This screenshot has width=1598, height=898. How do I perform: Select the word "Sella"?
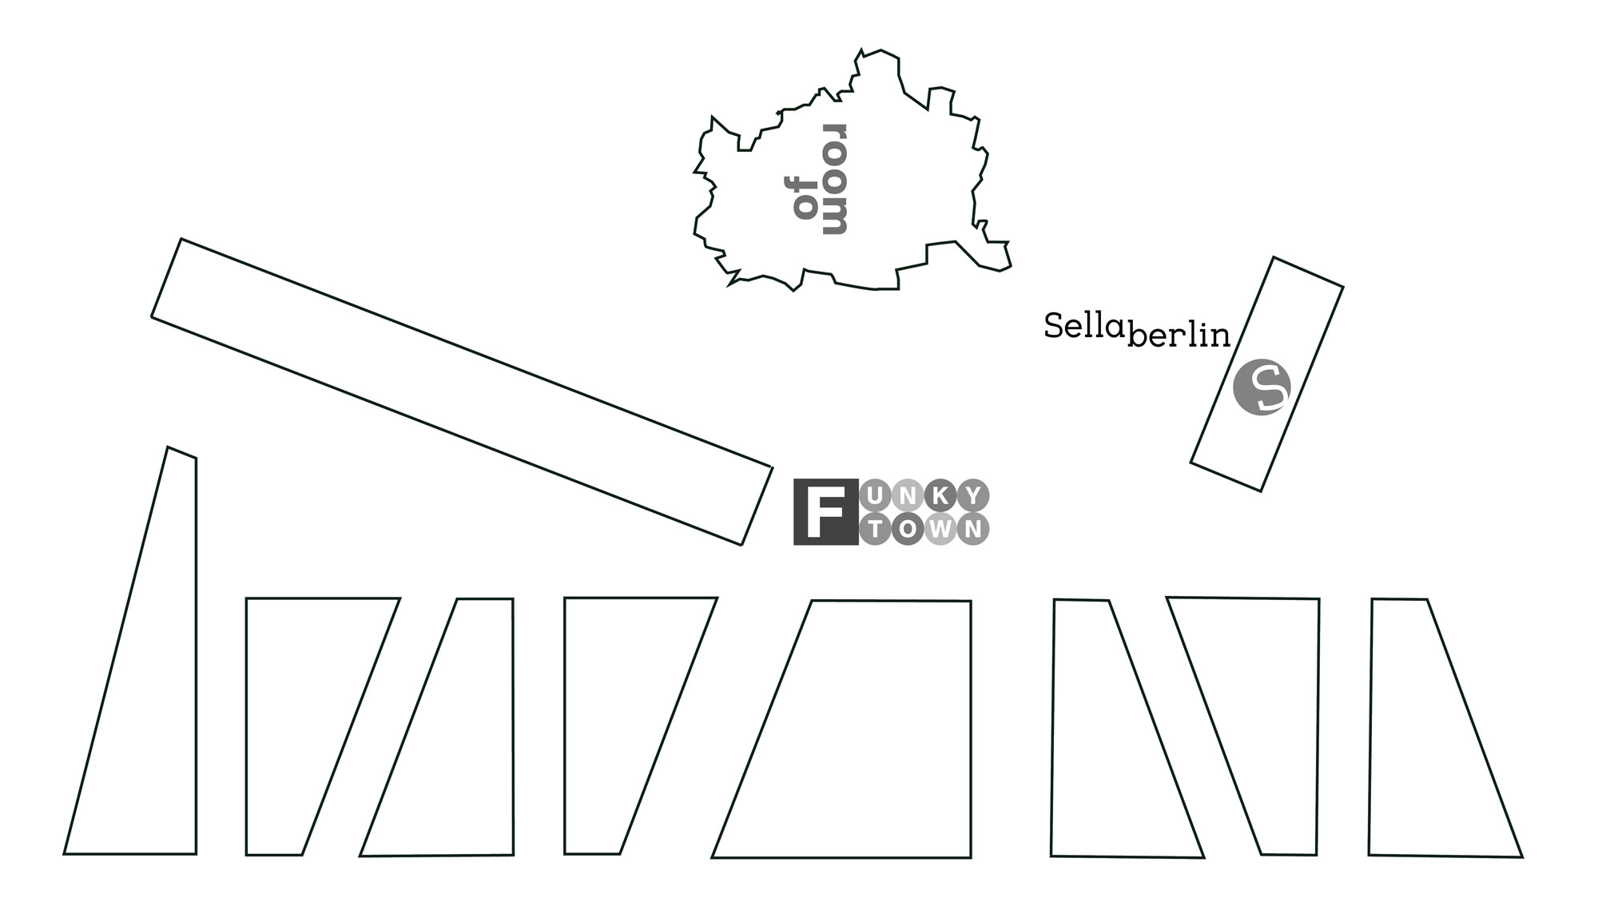tap(1085, 326)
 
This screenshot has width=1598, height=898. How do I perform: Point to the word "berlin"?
tap(1179, 336)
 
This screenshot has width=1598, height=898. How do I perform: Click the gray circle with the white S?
tap(1262, 388)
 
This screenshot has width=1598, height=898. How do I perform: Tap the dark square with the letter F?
tap(825, 513)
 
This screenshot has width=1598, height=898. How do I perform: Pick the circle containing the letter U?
tap(876, 496)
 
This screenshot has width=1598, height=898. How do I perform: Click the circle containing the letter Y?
tap(973, 496)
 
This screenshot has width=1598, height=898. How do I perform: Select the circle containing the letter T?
tap(876, 529)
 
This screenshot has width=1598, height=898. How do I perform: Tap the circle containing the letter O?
tap(908, 529)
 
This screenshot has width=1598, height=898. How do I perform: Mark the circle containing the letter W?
tap(940, 529)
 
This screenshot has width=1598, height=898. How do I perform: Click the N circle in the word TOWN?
tap(973, 529)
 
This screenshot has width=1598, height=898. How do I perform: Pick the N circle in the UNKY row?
tap(908, 496)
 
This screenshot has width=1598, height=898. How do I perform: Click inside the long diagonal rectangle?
tap(462, 391)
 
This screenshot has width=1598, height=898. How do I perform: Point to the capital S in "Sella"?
tap(1053, 326)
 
